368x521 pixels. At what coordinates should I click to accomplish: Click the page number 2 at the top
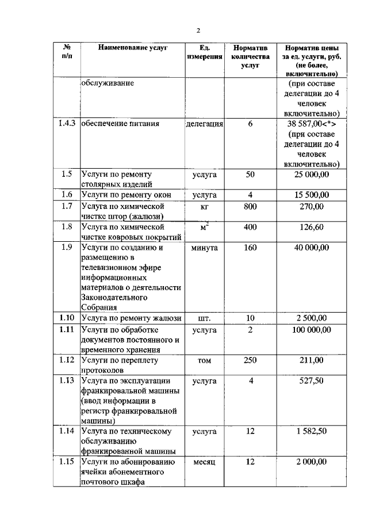click(x=197, y=31)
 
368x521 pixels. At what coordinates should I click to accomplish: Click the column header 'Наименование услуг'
click(x=132, y=48)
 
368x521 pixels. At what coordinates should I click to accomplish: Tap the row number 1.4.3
click(x=67, y=124)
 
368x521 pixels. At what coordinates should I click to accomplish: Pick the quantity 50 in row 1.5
click(x=250, y=174)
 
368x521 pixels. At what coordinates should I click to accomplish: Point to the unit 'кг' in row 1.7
click(x=204, y=206)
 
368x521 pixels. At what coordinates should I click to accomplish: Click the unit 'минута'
click(x=204, y=248)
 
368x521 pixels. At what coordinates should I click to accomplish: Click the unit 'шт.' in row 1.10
click(x=204, y=318)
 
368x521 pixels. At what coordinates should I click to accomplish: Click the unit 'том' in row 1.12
click(x=204, y=360)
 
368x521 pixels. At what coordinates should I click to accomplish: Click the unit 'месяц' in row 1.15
click(x=204, y=462)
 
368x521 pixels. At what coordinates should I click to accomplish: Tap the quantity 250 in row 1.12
click(x=250, y=360)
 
